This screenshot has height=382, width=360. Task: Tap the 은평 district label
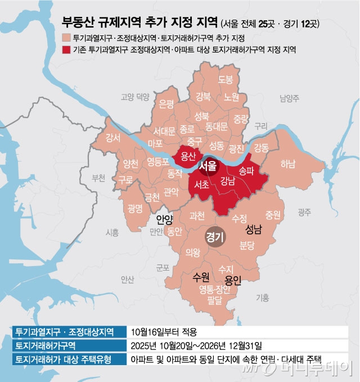[166, 104]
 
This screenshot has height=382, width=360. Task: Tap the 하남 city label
[287, 164]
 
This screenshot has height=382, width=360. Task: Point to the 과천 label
[197, 214]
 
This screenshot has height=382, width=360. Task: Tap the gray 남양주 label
[290, 100]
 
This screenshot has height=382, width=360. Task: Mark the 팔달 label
[214, 301]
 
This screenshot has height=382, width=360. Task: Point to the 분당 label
[247, 245]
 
